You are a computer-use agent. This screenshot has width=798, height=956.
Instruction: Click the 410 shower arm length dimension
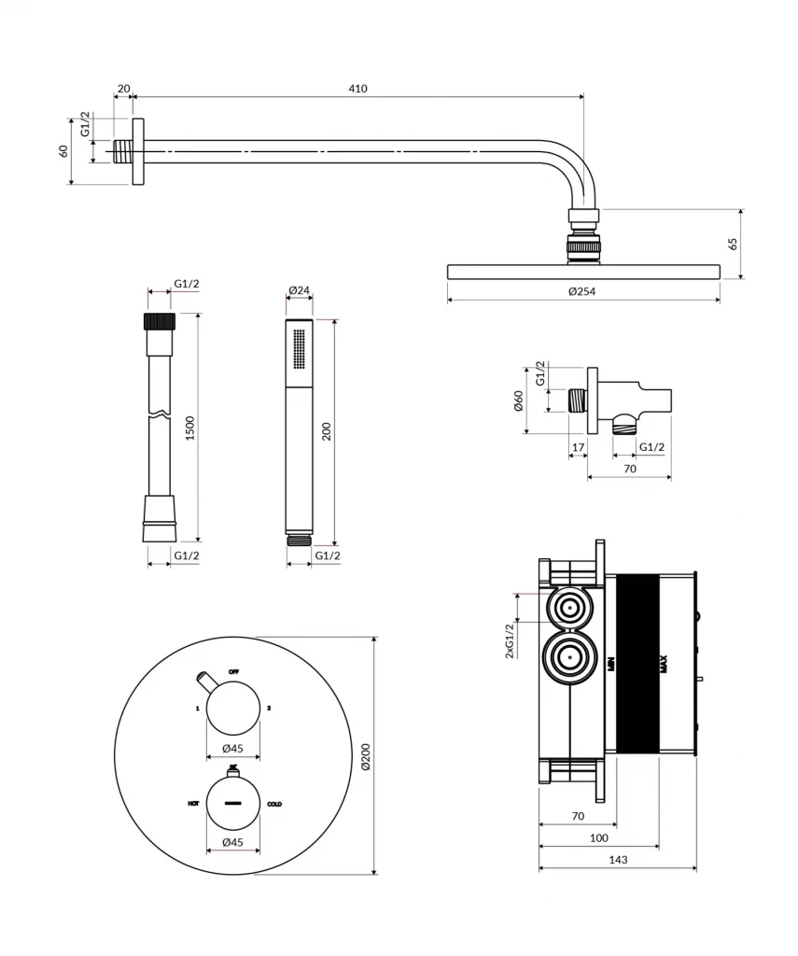(358, 89)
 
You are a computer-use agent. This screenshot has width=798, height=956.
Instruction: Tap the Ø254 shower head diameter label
(582, 291)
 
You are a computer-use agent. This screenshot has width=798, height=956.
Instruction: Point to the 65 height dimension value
(734, 244)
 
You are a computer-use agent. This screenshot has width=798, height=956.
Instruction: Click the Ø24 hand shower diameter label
(299, 290)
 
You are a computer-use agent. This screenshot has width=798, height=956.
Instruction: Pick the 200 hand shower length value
(327, 431)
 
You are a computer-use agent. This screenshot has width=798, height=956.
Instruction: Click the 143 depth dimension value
(617, 860)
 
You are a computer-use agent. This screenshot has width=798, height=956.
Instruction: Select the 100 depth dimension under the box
(599, 838)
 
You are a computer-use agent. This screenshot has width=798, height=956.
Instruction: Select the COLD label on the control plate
(275, 804)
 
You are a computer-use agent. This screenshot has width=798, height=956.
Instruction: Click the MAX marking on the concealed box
(664, 665)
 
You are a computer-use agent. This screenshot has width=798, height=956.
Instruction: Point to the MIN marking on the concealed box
(611, 665)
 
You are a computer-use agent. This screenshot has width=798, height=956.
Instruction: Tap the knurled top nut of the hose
(159, 322)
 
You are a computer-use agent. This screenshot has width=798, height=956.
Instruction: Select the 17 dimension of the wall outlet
(578, 447)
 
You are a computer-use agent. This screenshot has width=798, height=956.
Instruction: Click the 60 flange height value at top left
(64, 151)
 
